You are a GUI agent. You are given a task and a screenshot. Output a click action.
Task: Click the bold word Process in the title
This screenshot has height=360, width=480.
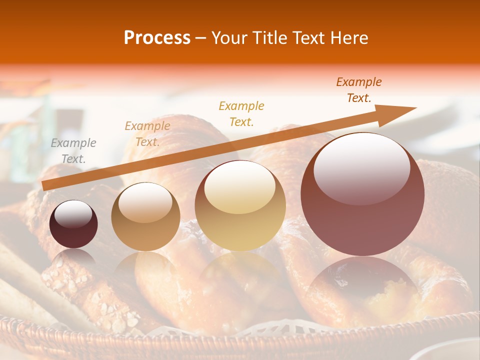click(157, 38)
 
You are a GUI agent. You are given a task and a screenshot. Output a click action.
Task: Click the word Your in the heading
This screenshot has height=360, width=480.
click(229, 38)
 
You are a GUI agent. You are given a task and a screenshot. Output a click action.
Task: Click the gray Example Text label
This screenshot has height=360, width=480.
click(73, 151)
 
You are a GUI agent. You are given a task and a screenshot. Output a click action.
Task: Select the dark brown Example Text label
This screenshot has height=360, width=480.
click(358, 90)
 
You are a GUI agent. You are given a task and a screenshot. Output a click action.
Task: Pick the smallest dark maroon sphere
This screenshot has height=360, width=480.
click(73, 224)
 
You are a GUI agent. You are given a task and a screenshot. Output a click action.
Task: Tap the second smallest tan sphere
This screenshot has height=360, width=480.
click(145, 216)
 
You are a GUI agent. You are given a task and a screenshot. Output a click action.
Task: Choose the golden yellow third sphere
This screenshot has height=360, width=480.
click(240, 205)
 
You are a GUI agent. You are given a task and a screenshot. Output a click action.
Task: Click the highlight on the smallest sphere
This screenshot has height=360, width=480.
click(73, 214)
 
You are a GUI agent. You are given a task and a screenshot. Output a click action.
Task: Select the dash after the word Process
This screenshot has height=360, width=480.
click(201, 38)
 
